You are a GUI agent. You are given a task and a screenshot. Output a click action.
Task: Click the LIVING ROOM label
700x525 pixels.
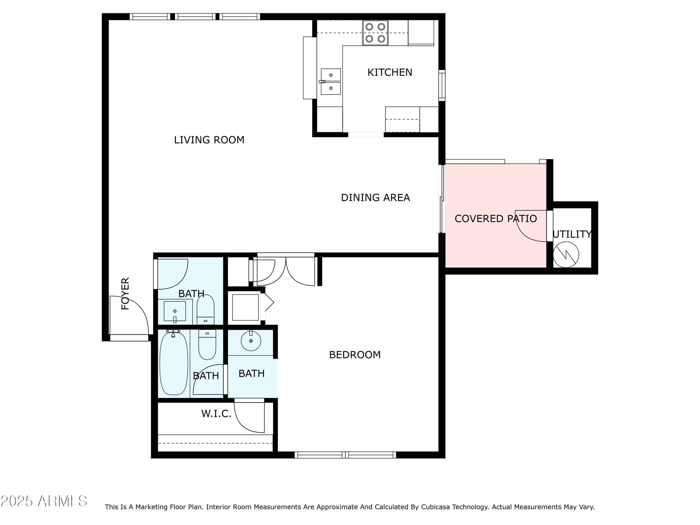209,140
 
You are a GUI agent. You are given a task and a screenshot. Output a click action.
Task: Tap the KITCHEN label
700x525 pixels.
390,73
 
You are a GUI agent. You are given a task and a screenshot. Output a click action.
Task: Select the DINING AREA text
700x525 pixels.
375,198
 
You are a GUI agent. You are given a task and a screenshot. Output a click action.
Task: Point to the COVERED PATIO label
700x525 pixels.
496,219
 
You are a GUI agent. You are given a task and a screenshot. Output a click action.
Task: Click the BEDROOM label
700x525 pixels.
355,355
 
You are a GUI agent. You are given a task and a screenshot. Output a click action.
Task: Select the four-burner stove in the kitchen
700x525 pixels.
375,33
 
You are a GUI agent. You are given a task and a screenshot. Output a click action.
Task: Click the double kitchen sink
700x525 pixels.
331,82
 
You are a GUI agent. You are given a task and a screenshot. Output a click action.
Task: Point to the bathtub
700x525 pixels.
174,363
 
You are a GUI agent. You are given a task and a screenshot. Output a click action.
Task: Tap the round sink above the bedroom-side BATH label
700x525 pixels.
251,341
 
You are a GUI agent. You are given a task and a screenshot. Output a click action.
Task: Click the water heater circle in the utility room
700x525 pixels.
566,255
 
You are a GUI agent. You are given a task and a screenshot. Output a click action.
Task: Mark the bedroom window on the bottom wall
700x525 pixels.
345,455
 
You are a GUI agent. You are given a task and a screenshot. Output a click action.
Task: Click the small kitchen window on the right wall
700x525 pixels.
442,85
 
